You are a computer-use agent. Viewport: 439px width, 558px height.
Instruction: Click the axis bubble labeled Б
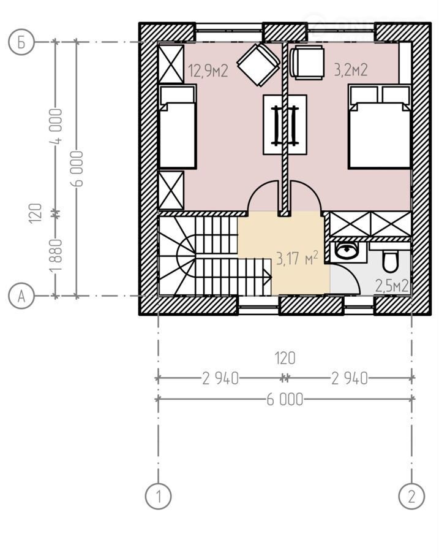[21, 42]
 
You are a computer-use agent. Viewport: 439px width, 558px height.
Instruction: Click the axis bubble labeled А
[21, 296]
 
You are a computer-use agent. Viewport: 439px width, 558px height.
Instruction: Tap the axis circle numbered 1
[158, 495]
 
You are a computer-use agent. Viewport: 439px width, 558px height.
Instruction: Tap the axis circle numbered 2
[411, 495]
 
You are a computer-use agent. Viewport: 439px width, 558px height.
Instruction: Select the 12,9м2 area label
[208, 71]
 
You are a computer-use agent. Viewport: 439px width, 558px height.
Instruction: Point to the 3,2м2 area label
[350, 70]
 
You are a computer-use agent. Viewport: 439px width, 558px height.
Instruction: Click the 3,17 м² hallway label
[297, 258]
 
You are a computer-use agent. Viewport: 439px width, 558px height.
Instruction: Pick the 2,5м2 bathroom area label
[392, 286]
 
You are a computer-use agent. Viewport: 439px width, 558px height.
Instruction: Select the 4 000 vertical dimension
[56, 126]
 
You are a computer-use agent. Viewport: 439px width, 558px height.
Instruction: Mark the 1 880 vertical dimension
[56, 254]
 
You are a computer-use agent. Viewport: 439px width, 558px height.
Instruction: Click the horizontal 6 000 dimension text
[285, 400]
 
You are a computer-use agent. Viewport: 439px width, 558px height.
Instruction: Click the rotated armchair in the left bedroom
[258, 65]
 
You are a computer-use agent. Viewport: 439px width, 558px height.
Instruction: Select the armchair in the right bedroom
[307, 63]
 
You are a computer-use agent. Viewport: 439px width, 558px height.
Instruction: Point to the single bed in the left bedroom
[178, 126]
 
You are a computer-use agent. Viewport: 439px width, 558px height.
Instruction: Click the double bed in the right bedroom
[380, 126]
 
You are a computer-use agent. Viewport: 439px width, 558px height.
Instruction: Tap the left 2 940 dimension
[220, 379]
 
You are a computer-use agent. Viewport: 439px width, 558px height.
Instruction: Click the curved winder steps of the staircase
[177, 256]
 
